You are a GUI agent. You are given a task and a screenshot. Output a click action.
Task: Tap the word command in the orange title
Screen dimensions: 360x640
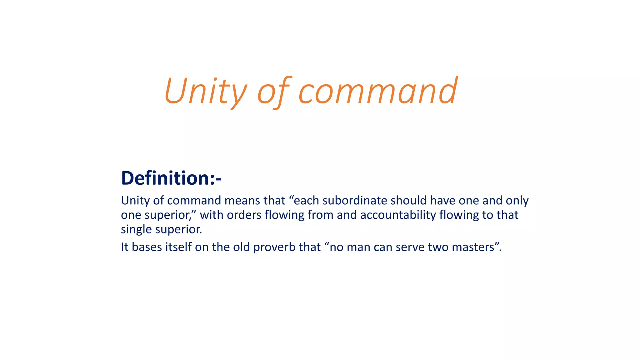[378, 91]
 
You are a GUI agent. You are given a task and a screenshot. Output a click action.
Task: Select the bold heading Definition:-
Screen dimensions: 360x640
[171, 178]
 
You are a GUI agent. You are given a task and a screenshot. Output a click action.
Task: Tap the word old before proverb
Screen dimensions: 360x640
[241, 247]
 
